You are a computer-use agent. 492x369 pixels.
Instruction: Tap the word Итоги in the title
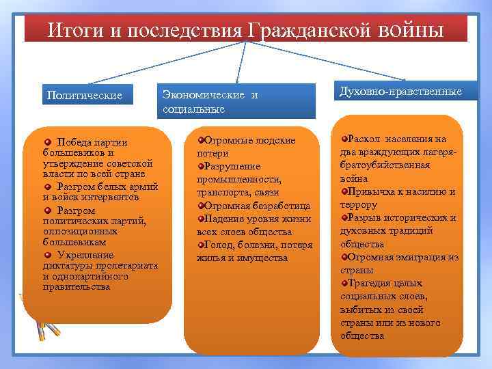pos(75,31)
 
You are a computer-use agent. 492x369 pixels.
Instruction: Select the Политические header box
pos(85,95)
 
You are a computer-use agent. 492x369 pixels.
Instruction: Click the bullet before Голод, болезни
pos(201,245)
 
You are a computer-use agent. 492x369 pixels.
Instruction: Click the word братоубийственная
pos(385,165)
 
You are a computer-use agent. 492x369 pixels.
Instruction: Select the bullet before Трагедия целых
pos(344,283)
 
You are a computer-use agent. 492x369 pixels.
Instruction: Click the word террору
pos(358,204)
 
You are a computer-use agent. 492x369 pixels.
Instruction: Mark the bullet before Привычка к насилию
pos(344,191)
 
